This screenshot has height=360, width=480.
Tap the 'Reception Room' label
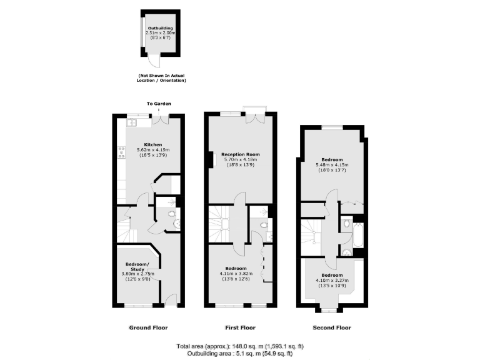[x=241, y=154]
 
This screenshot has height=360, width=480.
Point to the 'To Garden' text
[x=159, y=103]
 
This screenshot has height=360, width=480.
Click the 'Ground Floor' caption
[x=148, y=327]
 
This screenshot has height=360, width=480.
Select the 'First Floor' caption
[x=241, y=327]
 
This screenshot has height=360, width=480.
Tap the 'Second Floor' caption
[x=332, y=327]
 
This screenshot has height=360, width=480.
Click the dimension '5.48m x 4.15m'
[x=332, y=165]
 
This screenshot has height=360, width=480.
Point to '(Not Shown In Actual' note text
[x=161, y=76]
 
